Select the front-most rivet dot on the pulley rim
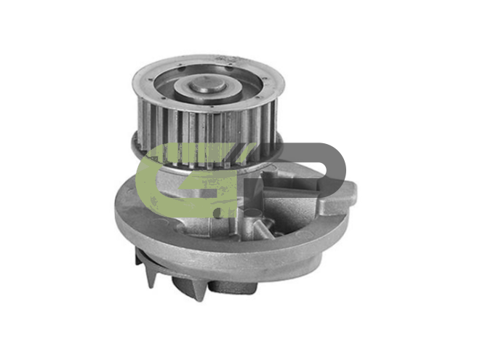tap(212, 107)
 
